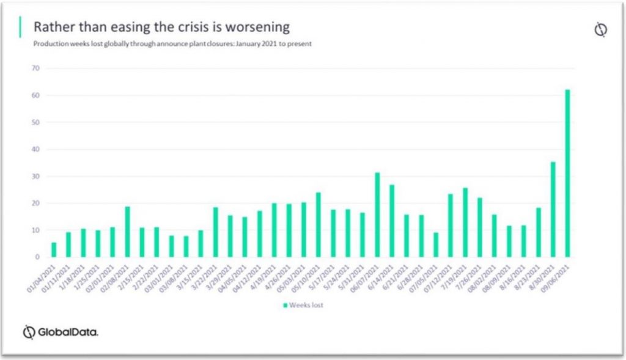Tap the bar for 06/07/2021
(x=377, y=215)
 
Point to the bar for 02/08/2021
(x=127, y=232)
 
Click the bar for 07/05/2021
(x=435, y=244)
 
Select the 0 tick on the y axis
(x=37, y=257)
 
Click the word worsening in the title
(x=257, y=28)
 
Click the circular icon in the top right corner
(x=600, y=30)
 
